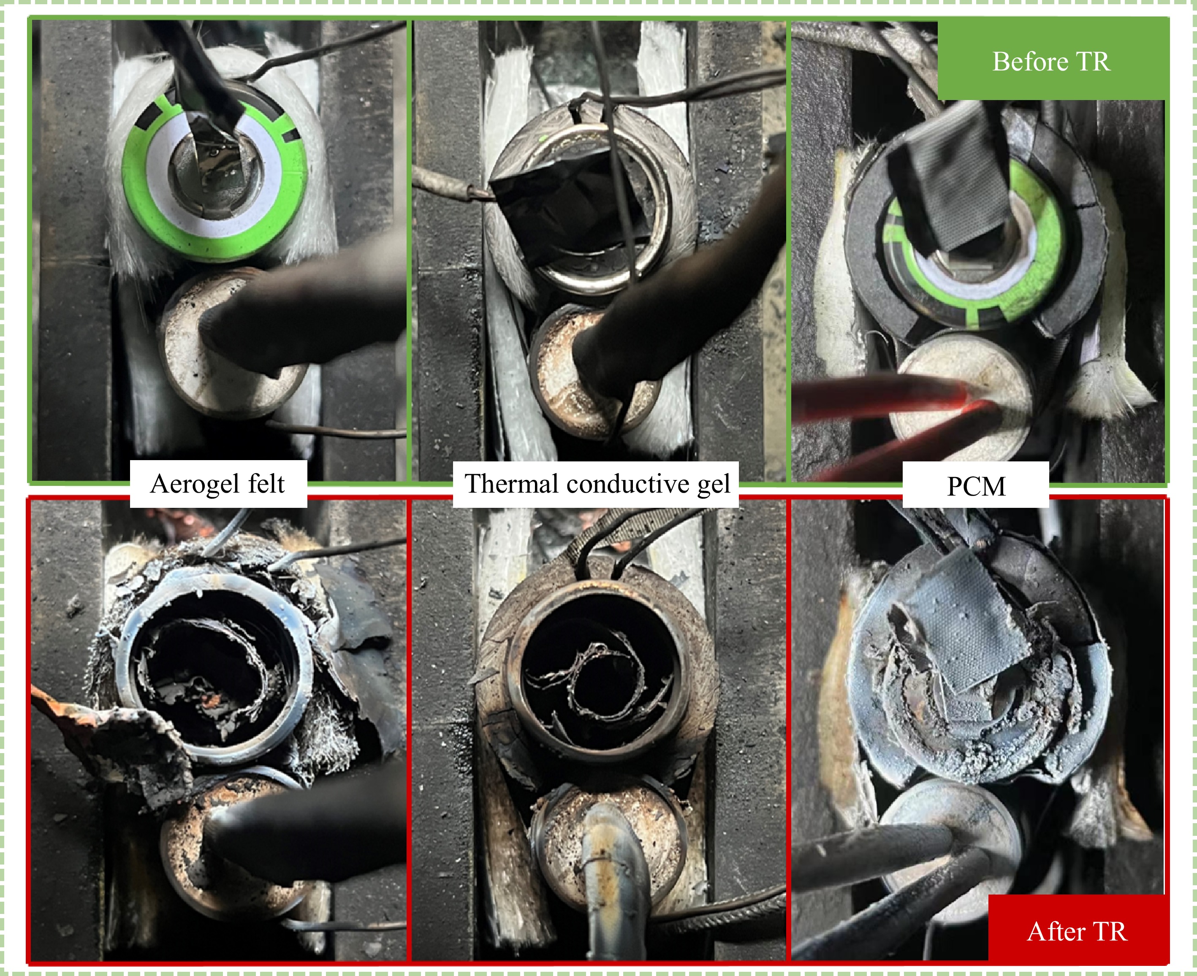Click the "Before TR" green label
pyautogui.click(x=1051, y=61)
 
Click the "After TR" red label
pyautogui.click(x=1077, y=931)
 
